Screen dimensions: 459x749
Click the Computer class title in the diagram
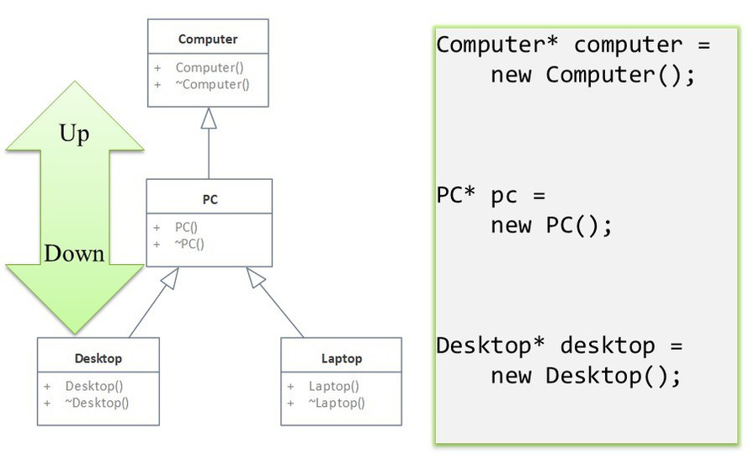tap(208, 39)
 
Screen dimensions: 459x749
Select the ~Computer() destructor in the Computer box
tap(215, 84)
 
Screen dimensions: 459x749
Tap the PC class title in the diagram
tap(210, 199)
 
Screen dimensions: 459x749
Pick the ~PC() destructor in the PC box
tap(189, 244)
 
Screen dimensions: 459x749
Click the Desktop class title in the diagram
tap(98, 358)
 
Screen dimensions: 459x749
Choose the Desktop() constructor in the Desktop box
tap(94, 386)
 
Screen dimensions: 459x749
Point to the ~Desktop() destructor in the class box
tap(97, 403)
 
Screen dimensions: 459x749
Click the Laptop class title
tap(342, 358)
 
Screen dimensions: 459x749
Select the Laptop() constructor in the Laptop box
tap(333, 386)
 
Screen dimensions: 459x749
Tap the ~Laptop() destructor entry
tap(337, 403)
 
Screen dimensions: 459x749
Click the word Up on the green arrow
tap(74, 134)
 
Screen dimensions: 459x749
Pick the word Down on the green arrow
tap(74, 253)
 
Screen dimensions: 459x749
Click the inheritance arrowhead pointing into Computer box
tap(209, 119)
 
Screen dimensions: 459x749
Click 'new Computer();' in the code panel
tap(593, 75)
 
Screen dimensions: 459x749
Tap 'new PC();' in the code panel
tap(552, 225)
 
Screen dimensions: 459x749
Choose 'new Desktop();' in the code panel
tap(586, 375)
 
